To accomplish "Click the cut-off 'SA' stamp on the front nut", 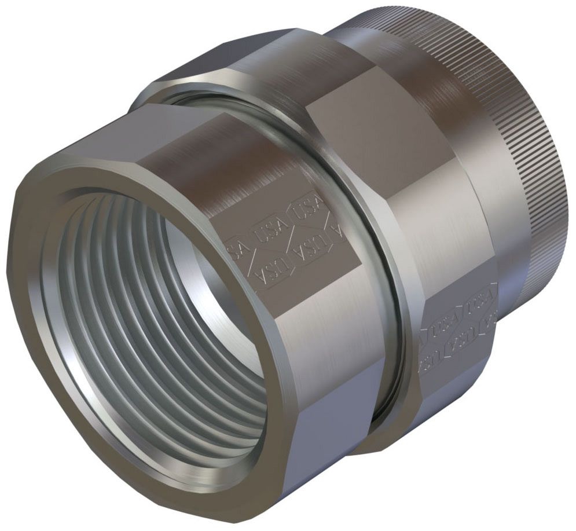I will [235, 248].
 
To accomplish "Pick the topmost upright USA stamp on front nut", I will [306, 210].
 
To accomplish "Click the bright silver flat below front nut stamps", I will [324, 324].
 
